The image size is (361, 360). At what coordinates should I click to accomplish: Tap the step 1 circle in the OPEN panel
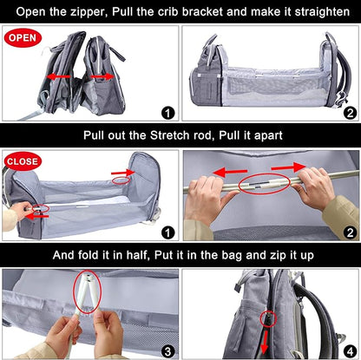168,112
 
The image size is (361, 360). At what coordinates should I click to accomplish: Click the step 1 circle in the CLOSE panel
168,232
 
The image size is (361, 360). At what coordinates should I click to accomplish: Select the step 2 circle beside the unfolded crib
350,112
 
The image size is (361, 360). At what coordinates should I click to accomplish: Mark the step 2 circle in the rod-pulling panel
350,232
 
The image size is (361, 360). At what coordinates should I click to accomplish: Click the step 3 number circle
168,350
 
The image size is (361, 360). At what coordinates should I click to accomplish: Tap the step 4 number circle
350,350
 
